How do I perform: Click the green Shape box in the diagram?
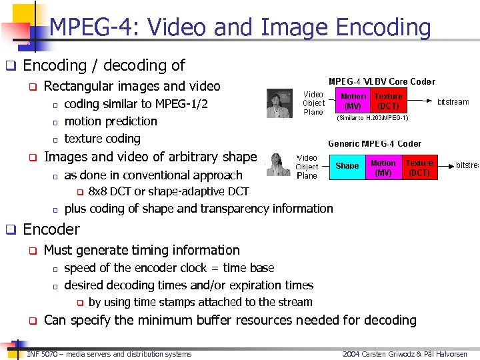point(347,166)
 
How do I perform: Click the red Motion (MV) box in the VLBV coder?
point(353,101)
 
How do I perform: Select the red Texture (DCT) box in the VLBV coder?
point(388,101)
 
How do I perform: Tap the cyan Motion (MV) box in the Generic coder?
point(383,167)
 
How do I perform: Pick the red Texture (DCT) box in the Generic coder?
point(419,167)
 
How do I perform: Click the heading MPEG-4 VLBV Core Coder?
point(382,81)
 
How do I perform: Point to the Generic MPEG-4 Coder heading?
point(375,143)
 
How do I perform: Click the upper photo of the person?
point(279,103)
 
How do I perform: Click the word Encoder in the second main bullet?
point(51,229)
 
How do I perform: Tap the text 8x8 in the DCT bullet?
point(98,191)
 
